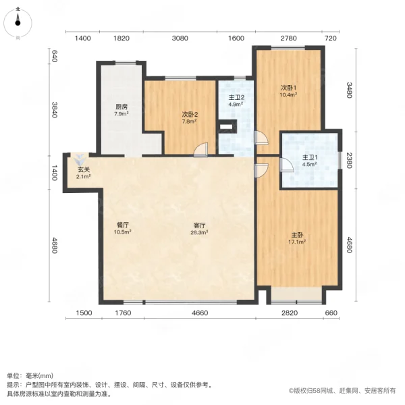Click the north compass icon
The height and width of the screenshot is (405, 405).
[18, 22]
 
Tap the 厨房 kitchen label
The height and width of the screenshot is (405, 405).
[122, 107]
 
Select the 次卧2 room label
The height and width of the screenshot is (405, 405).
[189, 114]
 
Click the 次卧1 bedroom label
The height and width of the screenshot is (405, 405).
[289, 88]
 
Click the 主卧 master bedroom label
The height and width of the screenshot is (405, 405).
[297, 234]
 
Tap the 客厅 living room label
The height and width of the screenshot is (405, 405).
[198, 225]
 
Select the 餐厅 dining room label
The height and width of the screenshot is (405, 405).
[122, 225]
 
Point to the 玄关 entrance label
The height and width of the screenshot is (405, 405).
[83, 169]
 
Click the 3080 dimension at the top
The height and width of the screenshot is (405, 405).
[180, 38]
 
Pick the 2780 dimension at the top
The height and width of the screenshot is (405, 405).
[288, 38]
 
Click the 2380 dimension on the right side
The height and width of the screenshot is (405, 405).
[349, 160]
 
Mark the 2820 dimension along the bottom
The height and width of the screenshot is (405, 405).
[288, 313]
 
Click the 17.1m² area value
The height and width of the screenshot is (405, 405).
[297, 241]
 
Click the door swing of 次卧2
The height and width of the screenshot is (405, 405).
[200, 151]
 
